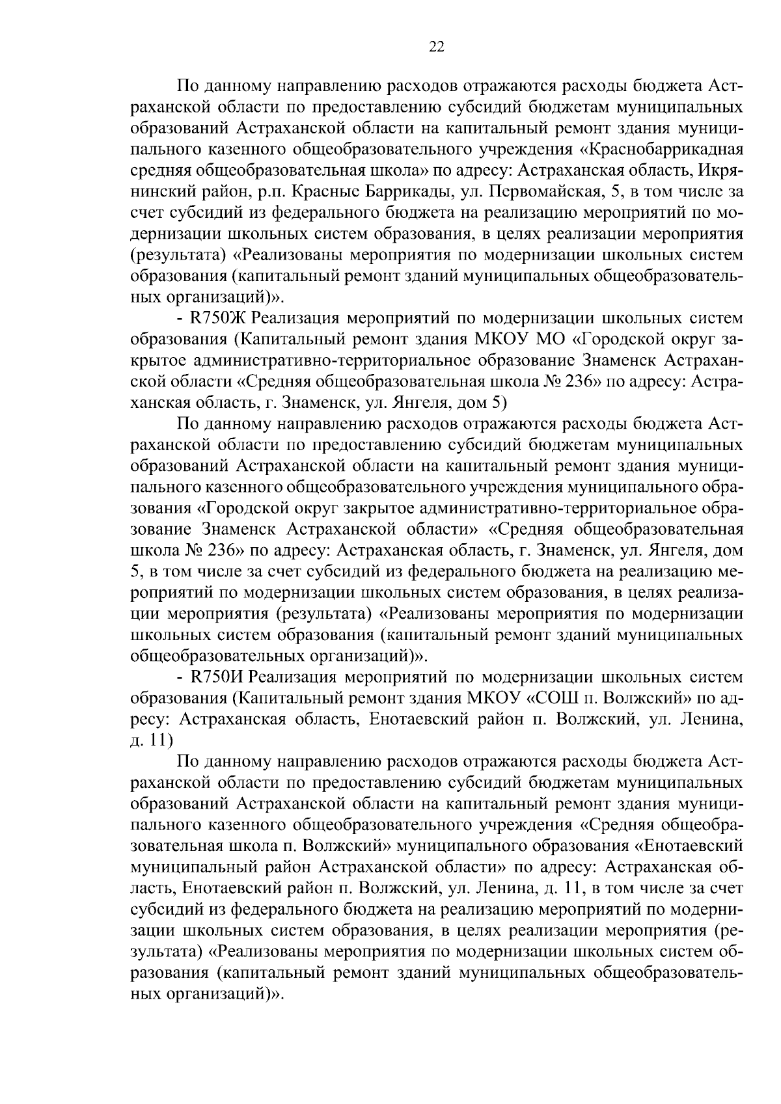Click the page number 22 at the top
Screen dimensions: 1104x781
[x=436, y=46]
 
